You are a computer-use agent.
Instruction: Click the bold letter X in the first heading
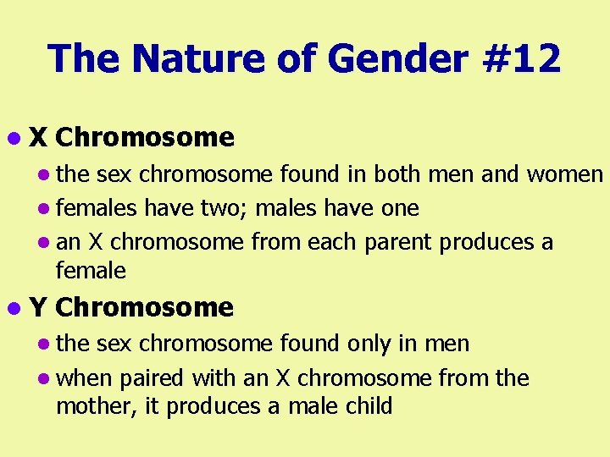(38, 137)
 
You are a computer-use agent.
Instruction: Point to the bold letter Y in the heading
(38, 307)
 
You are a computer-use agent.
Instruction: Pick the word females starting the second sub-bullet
(97, 208)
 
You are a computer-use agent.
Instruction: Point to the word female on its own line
(91, 271)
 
